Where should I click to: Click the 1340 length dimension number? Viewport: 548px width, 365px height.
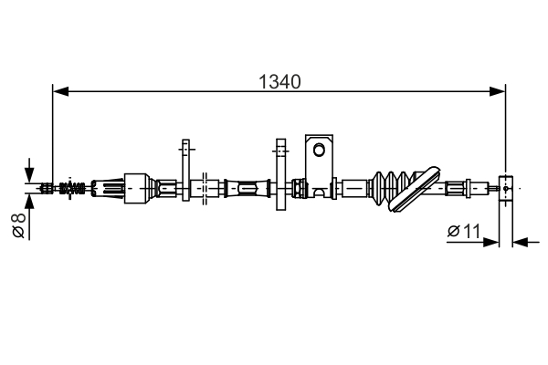pos(279,82)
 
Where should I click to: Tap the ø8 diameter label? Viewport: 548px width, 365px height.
pos(19,225)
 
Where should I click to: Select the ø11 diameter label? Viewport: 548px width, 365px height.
pos(464,231)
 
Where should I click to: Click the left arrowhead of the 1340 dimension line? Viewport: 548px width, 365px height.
pos(60,91)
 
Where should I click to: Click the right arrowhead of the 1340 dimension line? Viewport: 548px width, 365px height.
pos(498,91)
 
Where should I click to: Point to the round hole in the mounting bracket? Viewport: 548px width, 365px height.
pos(319,150)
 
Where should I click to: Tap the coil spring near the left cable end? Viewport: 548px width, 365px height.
pos(72,188)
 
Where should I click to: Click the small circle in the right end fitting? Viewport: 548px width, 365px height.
pos(506,188)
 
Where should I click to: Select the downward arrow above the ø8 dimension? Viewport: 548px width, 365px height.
pos(29,170)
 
